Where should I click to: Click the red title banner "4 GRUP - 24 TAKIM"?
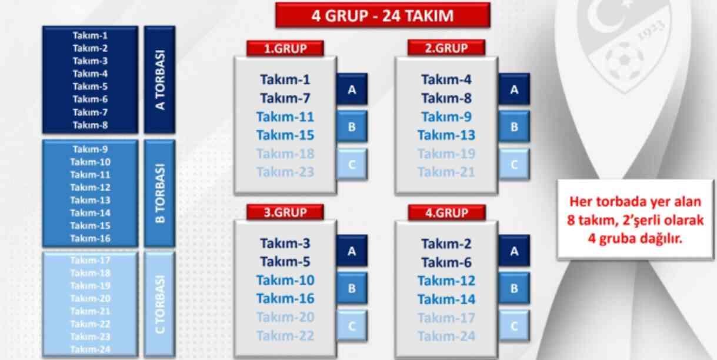pyautogui.click(x=382, y=15)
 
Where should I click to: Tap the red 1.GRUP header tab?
pyautogui.click(x=285, y=48)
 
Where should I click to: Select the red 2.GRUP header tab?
pyautogui.click(x=446, y=48)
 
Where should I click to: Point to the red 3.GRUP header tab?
pyautogui.click(x=285, y=212)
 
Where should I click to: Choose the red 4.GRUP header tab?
pyautogui.click(x=446, y=212)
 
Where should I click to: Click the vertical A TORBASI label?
pyautogui.click(x=159, y=79)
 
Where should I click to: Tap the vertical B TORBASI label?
pyautogui.click(x=159, y=193)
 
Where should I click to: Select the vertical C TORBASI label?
pyautogui.click(x=159, y=304)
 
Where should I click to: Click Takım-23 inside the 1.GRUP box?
pyautogui.click(x=285, y=172)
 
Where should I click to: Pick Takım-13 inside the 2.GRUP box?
pyautogui.click(x=446, y=135)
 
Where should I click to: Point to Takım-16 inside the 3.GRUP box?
pyautogui.click(x=285, y=299)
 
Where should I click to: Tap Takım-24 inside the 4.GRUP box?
pyautogui.click(x=446, y=336)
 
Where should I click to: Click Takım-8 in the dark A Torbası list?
pyautogui.click(x=90, y=125)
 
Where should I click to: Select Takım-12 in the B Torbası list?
pyautogui.click(x=90, y=187)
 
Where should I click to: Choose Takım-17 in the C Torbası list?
pyautogui.click(x=90, y=260)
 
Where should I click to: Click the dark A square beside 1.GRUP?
pyautogui.click(x=352, y=89)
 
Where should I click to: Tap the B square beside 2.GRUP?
pyautogui.click(x=513, y=126)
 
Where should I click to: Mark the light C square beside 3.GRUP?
pyautogui.click(x=352, y=326)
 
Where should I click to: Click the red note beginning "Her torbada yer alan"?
pyautogui.click(x=635, y=220)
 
